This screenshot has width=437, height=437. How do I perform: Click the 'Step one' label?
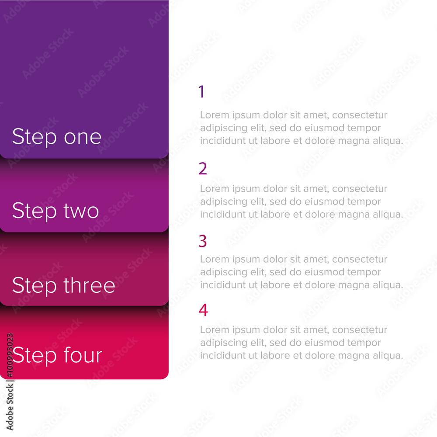point(57,137)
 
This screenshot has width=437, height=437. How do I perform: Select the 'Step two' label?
point(55,211)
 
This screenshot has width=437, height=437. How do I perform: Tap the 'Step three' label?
point(64,285)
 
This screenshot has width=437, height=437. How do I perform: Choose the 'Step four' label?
point(57,355)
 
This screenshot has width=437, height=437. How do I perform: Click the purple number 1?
point(201,92)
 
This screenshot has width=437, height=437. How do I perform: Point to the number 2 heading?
point(203,169)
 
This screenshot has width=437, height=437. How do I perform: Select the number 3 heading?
point(203,241)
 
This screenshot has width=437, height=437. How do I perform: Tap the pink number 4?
point(203,310)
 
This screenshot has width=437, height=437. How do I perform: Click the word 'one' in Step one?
point(83,138)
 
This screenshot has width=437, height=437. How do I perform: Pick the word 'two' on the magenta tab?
point(81,211)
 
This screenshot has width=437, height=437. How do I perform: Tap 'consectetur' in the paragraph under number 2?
point(360,189)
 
